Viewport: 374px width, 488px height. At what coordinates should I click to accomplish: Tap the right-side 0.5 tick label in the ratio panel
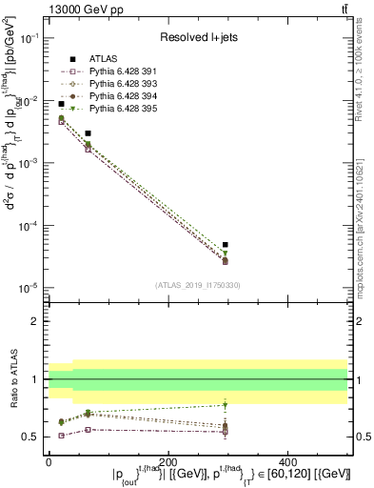point(362,437)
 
